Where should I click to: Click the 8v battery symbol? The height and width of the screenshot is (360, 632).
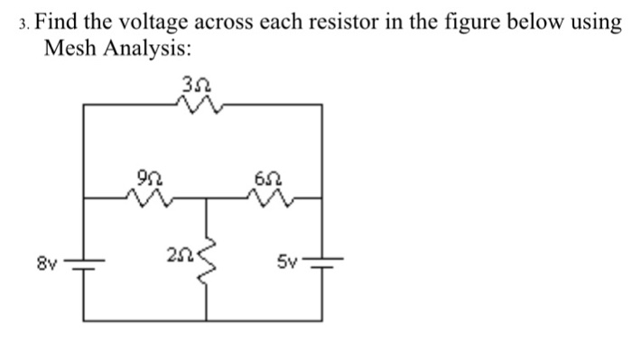[x=85, y=263]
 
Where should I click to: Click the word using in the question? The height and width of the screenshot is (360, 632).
[x=595, y=21]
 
